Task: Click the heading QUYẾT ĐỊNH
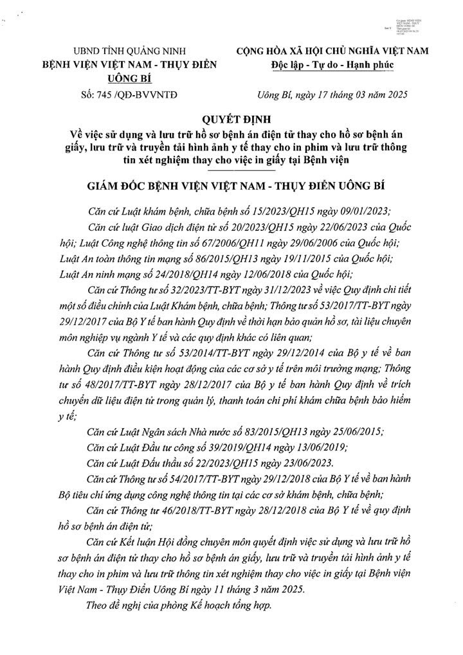[x=231, y=120]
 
